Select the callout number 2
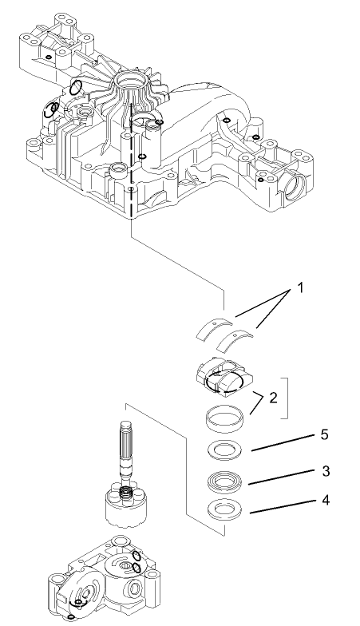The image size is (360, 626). [273, 397]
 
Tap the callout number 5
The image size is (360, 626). [323, 435]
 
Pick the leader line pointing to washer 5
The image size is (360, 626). [279, 443]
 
